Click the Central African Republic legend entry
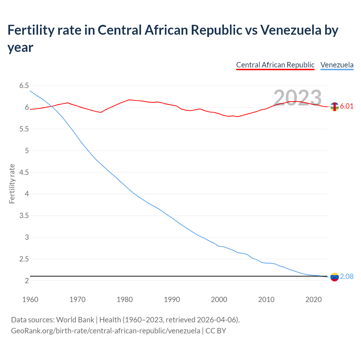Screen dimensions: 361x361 275,65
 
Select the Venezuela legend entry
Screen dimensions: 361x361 337,65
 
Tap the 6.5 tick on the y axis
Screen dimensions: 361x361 24,86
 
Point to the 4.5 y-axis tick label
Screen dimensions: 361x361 24,172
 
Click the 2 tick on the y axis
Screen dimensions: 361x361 27,281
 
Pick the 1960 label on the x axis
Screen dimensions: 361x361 30,300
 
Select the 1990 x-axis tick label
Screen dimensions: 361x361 172,300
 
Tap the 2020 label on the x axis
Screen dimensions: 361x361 313,300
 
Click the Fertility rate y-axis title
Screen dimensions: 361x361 12,184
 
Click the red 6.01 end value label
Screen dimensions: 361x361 347,106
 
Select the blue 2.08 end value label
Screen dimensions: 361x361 347,277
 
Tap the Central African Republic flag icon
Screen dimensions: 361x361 334,107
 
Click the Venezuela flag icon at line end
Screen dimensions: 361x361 334,277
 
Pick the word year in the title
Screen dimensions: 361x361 20,47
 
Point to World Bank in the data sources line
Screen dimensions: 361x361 75,320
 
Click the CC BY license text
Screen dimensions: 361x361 216,331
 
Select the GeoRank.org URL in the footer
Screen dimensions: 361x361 105,331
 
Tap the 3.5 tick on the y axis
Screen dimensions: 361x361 24,216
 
